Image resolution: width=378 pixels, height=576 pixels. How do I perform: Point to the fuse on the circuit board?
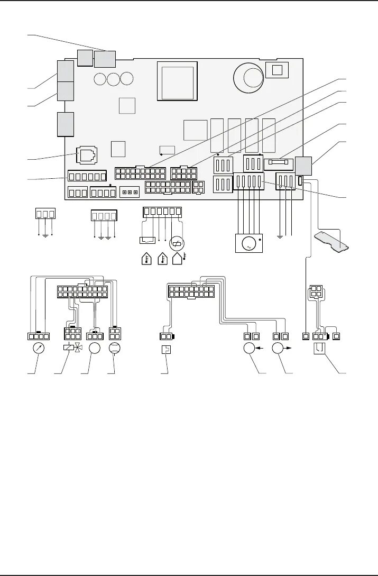[x=278, y=163]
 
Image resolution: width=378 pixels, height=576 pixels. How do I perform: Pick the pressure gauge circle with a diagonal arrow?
[x=38, y=350]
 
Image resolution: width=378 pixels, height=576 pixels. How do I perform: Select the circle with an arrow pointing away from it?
[x=279, y=350]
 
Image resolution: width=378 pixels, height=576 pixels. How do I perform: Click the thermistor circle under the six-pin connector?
[x=176, y=243]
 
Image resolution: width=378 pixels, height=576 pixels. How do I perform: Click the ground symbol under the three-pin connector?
[x=45, y=234]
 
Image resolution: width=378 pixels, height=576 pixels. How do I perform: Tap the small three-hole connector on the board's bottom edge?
[x=129, y=191]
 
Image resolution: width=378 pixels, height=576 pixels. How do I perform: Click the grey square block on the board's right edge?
[x=303, y=166]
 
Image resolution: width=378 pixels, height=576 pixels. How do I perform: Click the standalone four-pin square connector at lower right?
[x=316, y=292]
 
